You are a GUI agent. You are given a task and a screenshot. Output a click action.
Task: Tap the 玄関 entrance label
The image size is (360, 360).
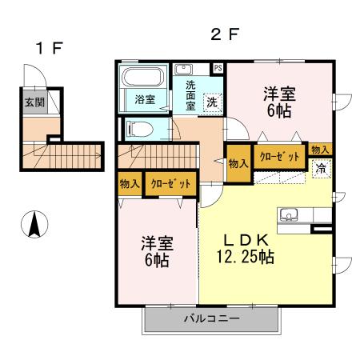point(34,102)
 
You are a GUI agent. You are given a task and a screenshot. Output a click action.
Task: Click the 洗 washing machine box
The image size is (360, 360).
point(212,102)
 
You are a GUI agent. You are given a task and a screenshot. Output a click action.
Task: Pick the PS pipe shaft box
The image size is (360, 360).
point(218,68)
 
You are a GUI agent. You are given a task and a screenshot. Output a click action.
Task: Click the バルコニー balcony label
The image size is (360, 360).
point(211,318)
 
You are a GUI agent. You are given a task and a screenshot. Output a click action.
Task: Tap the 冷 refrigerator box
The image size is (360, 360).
point(320,168)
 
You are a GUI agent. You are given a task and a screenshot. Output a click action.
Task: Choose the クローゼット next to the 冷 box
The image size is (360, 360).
point(278,158)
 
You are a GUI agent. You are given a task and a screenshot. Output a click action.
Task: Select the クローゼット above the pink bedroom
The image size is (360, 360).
point(170,183)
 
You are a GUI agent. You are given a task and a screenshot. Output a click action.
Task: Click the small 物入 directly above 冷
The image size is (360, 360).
point(320,150)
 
